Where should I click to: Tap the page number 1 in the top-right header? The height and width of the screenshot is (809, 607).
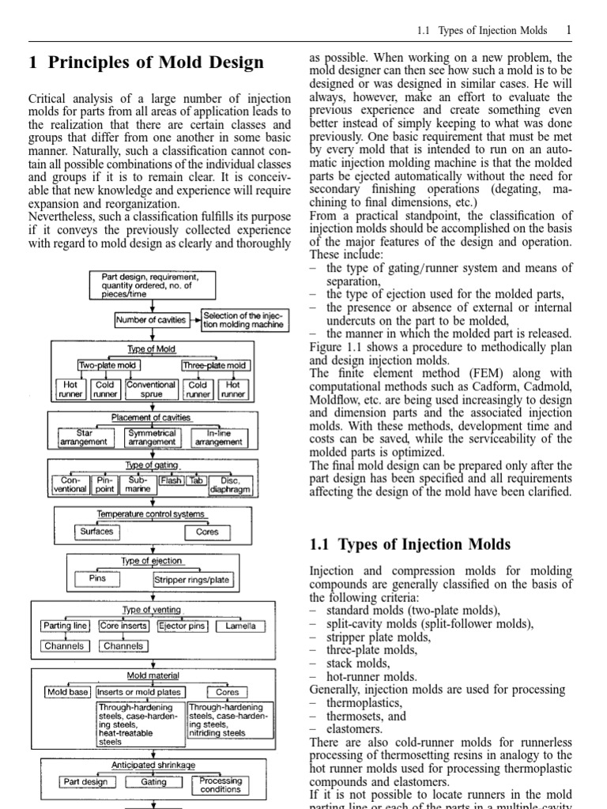[567, 30]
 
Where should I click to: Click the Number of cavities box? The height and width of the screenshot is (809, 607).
[151, 320]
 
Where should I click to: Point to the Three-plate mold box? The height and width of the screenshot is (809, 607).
[214, 365]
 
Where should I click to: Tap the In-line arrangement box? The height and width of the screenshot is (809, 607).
[219, 438]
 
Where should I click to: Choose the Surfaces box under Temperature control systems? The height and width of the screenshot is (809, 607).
[96, 532]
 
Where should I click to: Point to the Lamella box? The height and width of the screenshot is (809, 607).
[239, 626]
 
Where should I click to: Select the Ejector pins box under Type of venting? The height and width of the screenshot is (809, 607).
[183, 626]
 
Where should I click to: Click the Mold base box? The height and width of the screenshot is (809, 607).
[68, 692]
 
